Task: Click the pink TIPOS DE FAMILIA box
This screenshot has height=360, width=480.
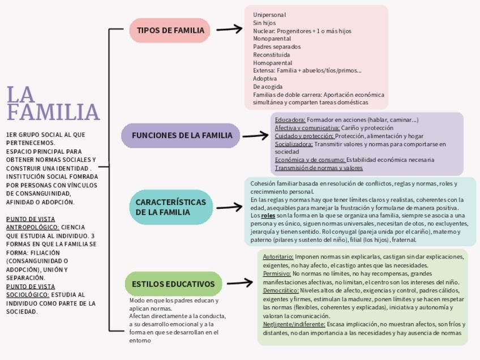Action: tap(170, 31)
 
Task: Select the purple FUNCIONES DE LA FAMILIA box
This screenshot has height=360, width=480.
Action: tap(181, 136)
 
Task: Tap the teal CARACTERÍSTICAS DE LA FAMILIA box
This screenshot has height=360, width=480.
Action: tap(165, 207)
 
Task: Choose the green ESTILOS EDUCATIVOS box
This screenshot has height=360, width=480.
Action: tap(173, 284)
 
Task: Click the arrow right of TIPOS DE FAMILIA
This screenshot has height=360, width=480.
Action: tap(229, 29)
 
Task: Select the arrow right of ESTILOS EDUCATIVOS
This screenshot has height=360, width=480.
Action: tap(239, 283)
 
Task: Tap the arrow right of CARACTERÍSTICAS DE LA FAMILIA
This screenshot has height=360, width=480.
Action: tap(229, 207)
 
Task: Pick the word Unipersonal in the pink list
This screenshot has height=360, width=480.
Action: tap(269, 15)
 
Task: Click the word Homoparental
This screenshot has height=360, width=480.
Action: tap(272, 63)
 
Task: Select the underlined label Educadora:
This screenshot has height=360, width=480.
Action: tap(290, 120)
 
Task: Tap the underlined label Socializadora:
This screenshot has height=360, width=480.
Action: tap(293, 144)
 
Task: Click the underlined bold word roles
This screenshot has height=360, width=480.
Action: tap(268, 216)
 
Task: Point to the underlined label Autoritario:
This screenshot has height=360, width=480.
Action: tap(278, 257)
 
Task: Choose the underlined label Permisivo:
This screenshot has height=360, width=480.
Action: tap(276, 274)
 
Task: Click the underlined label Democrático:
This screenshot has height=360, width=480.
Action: tap(280, 290)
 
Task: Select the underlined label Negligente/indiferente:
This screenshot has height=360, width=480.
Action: tap(294, 324)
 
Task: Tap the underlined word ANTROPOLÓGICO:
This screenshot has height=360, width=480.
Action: tap(32, 227)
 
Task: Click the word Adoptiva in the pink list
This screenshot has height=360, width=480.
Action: tap(265, 79)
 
